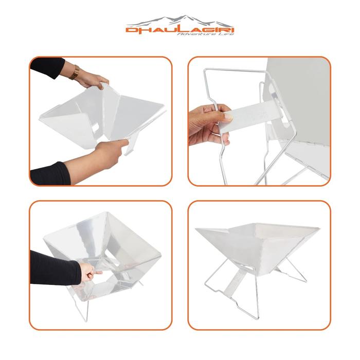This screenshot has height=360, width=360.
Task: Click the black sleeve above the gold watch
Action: coord(49,67)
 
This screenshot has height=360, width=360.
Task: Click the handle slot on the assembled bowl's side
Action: coord(248,267)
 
